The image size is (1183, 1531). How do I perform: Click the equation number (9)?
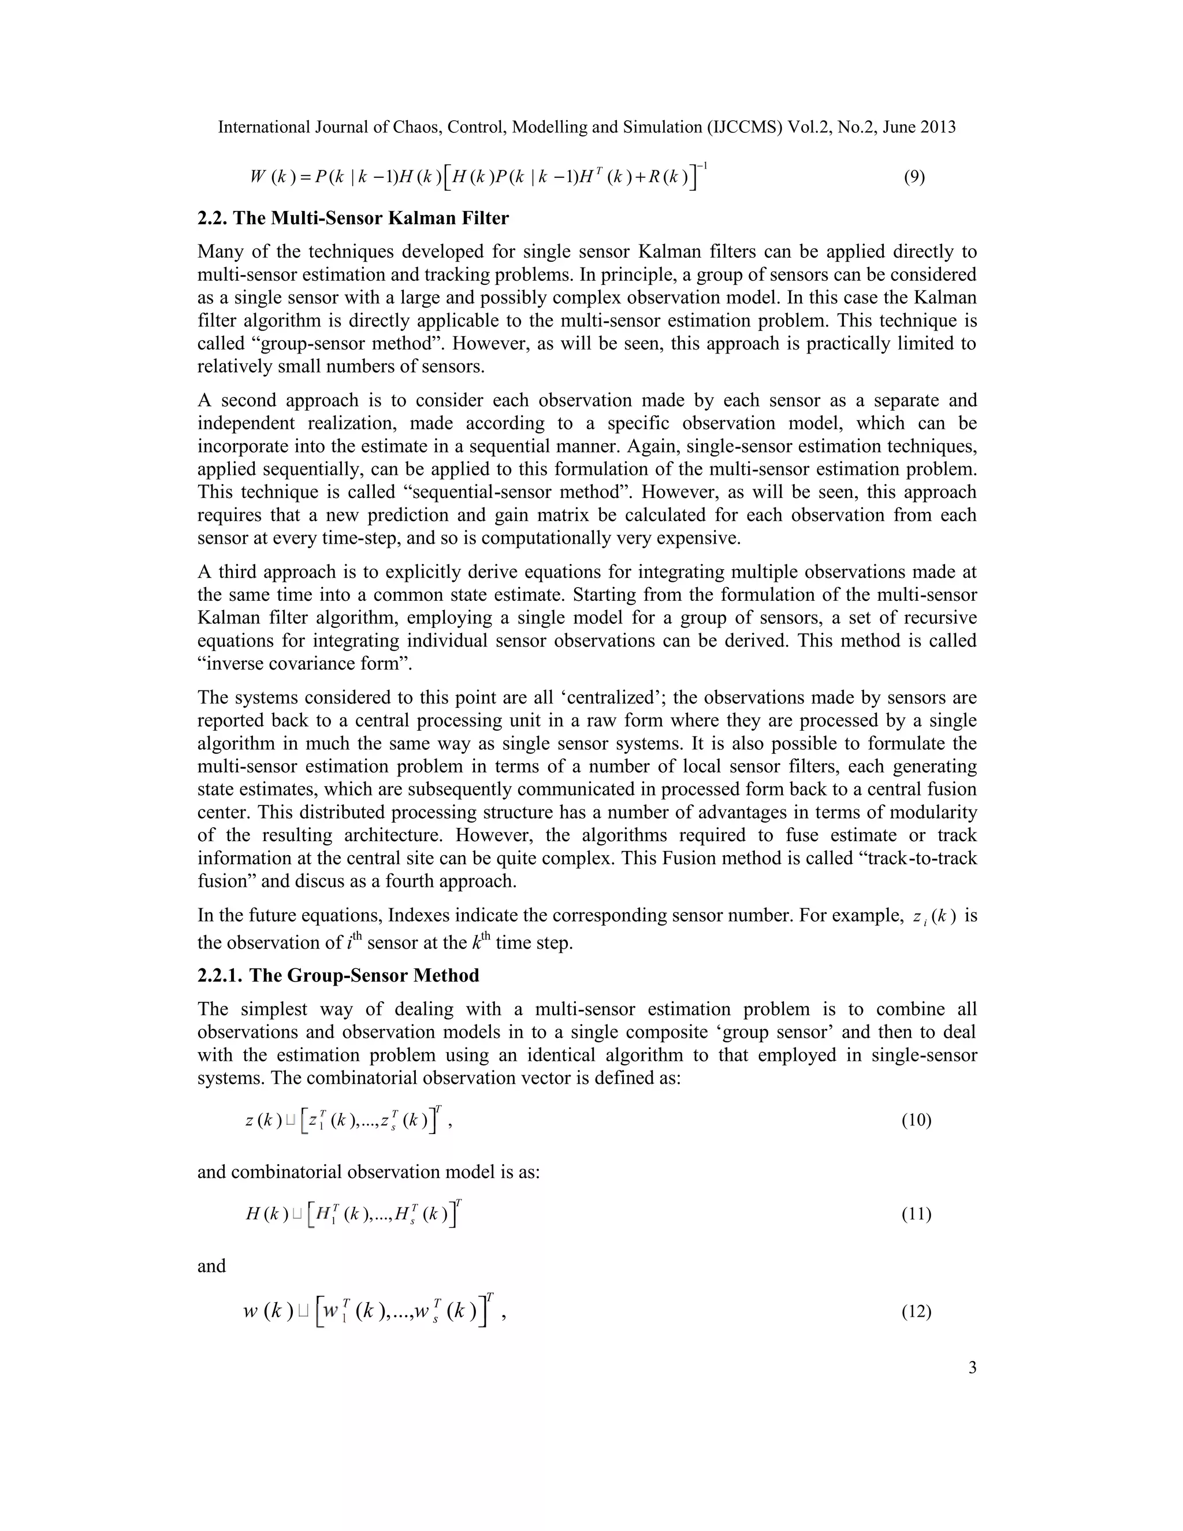914,177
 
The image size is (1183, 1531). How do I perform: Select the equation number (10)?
916,1120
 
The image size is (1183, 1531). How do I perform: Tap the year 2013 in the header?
937,127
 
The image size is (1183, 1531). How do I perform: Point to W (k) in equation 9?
269,177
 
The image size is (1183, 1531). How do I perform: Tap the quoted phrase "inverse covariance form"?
305,663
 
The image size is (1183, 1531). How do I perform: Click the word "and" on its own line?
211,1265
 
